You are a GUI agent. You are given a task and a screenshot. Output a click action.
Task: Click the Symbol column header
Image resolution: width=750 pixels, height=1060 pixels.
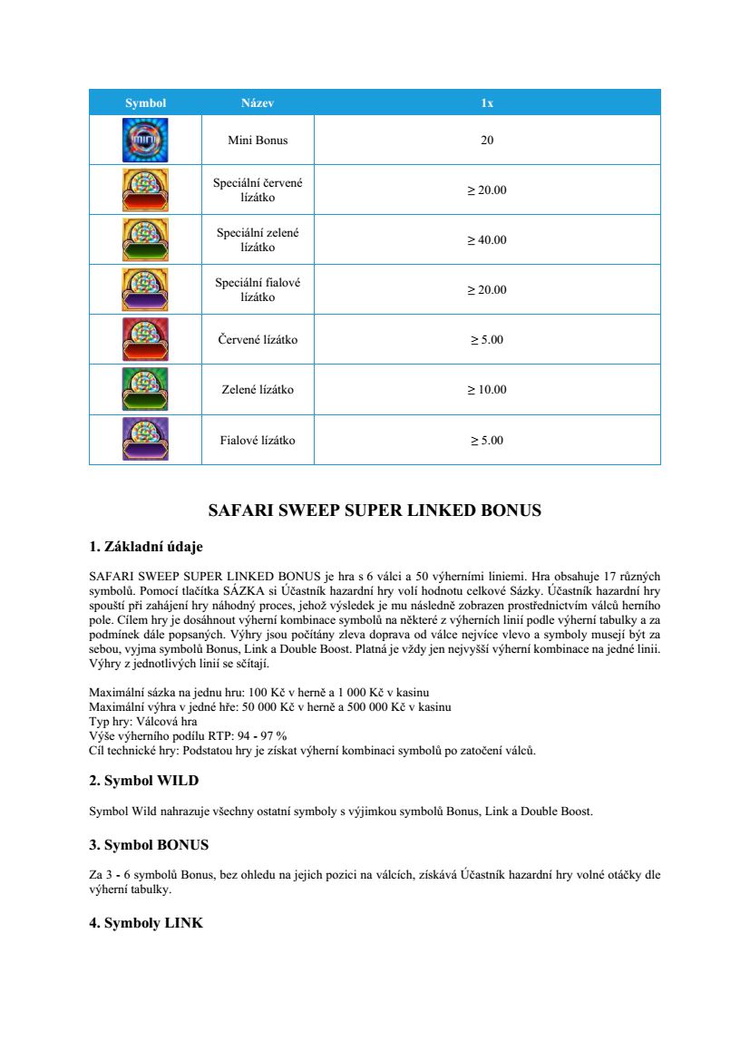point(145,103)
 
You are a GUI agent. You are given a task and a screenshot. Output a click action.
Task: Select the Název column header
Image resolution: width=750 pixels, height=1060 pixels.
point(258,103)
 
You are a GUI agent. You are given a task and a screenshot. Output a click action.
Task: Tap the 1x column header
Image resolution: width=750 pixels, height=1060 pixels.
point(487,103)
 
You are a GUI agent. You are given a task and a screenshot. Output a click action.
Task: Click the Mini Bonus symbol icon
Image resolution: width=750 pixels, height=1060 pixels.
point(145,141)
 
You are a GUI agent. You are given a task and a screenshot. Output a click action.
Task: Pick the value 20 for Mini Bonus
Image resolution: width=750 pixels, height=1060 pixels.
point(487,141)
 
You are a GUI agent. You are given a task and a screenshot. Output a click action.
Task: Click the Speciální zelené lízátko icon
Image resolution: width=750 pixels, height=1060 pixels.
point(145,240)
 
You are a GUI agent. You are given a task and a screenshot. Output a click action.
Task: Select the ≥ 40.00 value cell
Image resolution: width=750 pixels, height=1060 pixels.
point(487,240)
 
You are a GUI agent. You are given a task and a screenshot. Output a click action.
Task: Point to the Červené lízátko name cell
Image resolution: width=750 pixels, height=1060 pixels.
point(258,340)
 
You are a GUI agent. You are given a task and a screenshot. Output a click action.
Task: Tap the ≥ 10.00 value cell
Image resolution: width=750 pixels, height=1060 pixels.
point(487,390)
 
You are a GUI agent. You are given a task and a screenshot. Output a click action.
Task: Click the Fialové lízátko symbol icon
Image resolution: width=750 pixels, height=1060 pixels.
point(145,440)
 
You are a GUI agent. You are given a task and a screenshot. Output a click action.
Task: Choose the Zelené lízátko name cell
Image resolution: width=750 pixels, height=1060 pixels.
point(258,390)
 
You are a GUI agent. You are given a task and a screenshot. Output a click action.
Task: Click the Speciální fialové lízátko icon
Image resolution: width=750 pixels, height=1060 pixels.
point(145,290)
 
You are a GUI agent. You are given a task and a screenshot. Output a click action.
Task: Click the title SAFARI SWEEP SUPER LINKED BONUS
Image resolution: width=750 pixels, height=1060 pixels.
point(375,511)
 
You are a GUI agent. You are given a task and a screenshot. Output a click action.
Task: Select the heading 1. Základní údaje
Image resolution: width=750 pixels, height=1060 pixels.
point(146,547)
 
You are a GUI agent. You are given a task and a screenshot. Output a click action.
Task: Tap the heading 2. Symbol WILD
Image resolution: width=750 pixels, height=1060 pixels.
point(143,781)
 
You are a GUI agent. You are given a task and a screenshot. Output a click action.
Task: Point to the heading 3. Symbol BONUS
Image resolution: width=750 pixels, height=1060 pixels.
point(149,845)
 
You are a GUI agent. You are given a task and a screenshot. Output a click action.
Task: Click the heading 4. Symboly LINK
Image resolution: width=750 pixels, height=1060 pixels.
point(146,923)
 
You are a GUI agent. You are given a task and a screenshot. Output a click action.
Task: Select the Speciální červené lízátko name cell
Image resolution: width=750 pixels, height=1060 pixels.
point(258,190)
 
